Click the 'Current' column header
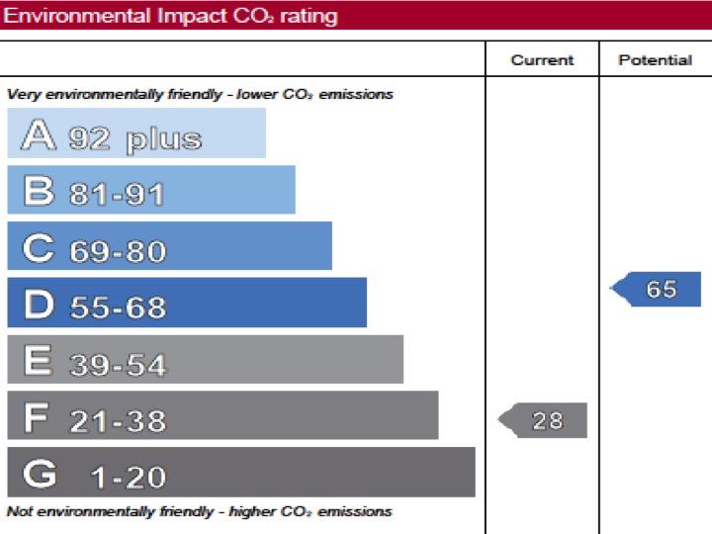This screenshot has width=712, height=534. point(542,60)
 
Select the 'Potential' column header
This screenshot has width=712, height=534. point(655,60)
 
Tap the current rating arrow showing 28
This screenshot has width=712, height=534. point(543,420)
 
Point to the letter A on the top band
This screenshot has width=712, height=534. point(39,134)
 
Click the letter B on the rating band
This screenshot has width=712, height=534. point(39,191)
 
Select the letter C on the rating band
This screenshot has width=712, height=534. point(39,247)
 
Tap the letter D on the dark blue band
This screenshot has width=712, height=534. point(39,305)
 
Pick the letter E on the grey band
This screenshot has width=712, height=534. point(38,361)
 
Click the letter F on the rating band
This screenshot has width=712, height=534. point(37,418)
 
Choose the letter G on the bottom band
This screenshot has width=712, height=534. point(40,475)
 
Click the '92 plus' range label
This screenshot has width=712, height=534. point(135,138)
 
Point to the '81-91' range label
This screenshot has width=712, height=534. point(117,195)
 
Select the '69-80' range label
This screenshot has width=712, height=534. point(118,251)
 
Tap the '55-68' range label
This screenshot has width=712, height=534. point(118,308)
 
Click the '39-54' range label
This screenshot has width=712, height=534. point(118,365)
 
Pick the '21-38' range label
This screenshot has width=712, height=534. point(118,422)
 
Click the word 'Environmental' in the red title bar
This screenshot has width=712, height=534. point(62,16)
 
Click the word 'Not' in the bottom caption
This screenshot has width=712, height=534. point(19,512)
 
